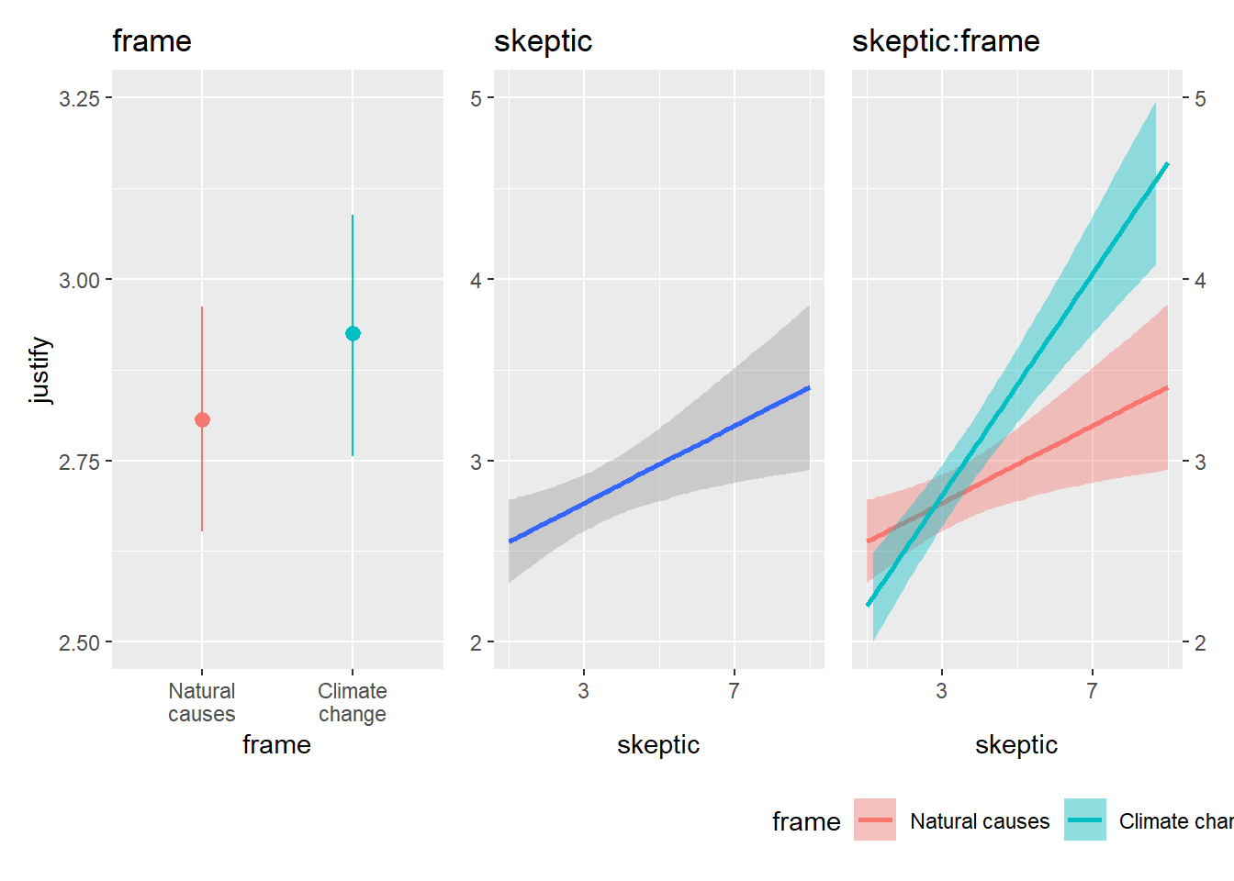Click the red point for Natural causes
[202, 419]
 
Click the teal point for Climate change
[353, 333]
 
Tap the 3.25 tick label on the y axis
[79, 98]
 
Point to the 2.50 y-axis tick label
[79, 643]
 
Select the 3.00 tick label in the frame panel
[79, 280]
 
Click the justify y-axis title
[40, 370]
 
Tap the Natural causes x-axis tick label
[202, 702]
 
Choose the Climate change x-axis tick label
[353, 702]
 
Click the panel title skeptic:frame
[946, 41]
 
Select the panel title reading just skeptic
[543, 41]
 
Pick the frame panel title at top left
[151, 41]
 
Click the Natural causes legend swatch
[874, 820]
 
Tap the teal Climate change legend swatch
[1085, 820]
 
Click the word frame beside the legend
[806, 821]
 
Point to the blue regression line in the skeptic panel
[659, 464]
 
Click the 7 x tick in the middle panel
[734, 691]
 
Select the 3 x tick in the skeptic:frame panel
[941, 691]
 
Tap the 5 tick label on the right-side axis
[1200, 98]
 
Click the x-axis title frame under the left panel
[276, 744]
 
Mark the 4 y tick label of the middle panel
[476, 280]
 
